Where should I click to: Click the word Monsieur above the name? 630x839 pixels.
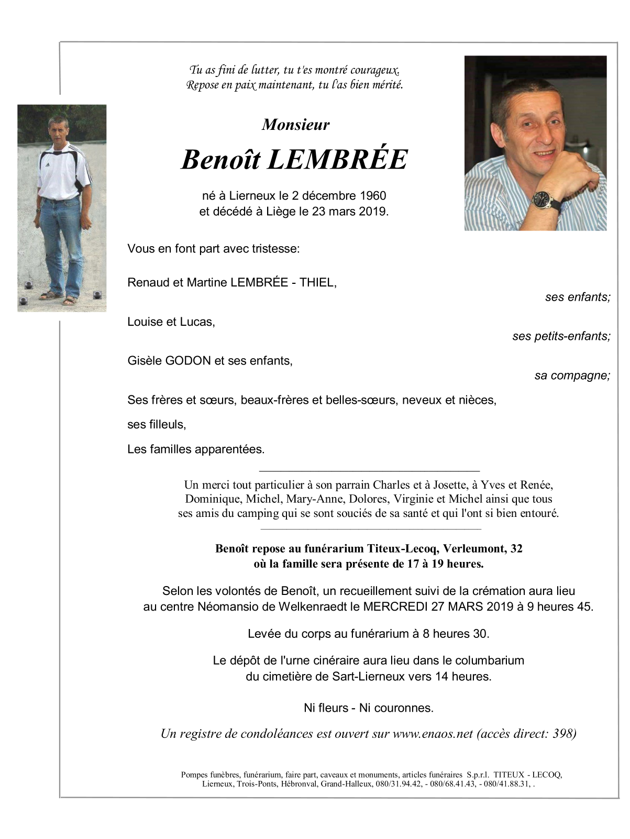point(295,125)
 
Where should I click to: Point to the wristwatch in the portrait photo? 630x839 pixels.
point(540,198)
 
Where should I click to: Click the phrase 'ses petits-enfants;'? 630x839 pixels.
point(561,337)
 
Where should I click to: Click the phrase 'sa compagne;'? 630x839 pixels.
point(572,376)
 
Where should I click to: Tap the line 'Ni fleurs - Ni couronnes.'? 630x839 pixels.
point(369,708)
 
